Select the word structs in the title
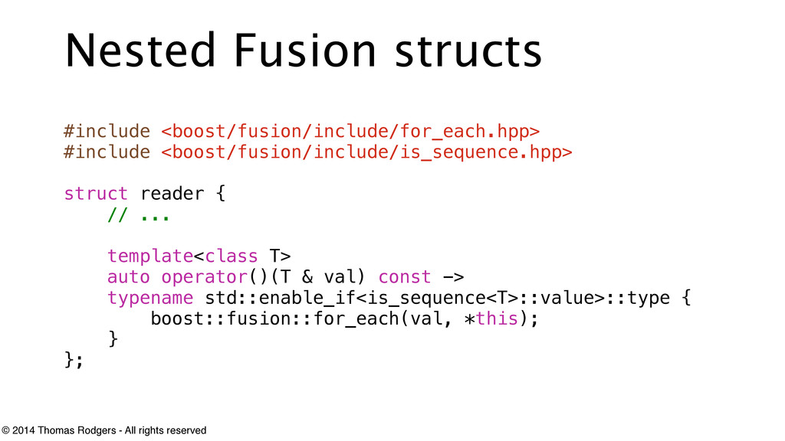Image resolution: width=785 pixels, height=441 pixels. point(468,51)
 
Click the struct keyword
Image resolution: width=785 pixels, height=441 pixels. point(96,193)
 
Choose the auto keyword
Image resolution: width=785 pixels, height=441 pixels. point(128,276)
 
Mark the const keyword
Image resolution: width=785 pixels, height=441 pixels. point(405,276)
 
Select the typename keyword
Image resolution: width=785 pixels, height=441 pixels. point(149,297)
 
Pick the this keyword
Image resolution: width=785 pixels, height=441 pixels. point(497,318)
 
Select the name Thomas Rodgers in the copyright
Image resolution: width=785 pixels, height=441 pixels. point(76,430)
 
